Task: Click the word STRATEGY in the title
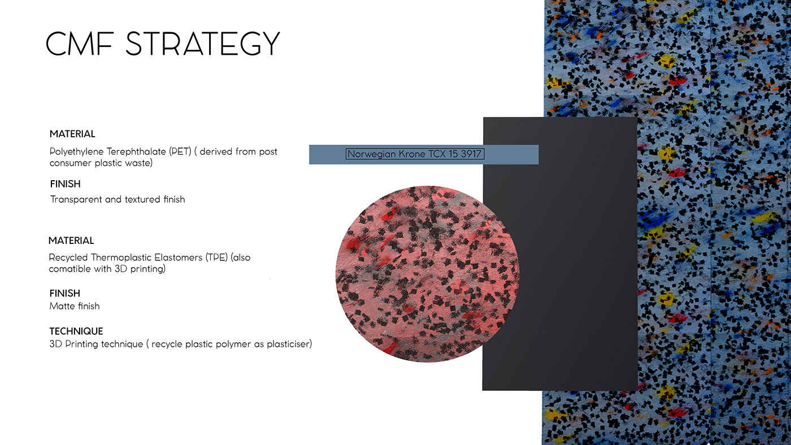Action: (x=203, y=43)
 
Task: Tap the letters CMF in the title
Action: (x=80, y=43)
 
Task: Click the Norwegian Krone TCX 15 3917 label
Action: (x=415, y=154)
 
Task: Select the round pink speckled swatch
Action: (x=427, y=274)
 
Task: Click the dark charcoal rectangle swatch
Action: (x=560, y=254)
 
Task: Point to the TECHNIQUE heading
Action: (x=76, y=331)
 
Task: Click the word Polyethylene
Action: (x=77, y=152)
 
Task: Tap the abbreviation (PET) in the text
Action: (x=180, y=152)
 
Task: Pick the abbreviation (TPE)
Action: (x=216, y=258)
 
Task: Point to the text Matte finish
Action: (x=75, y=306)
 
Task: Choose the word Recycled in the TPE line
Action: (x=68, y=258)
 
